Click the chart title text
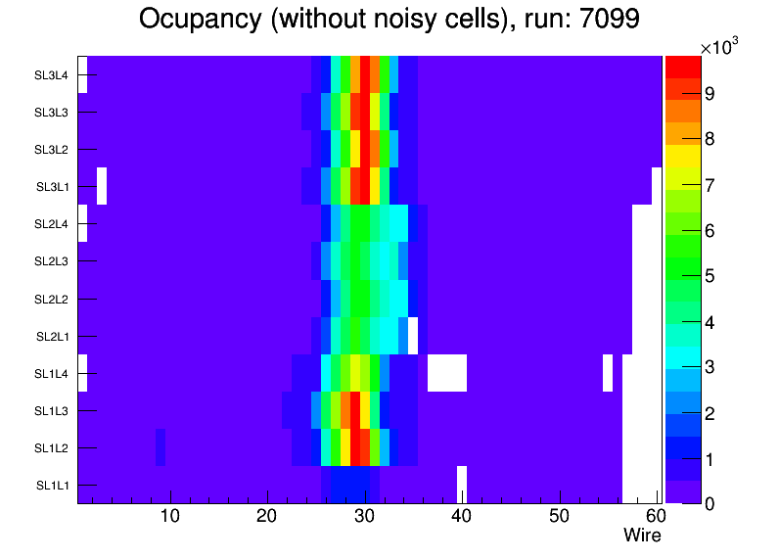(x=389, y=19)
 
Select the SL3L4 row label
(x=51, y=75)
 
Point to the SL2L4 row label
(x=51, y=224)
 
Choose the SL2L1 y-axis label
(x=51, y=337)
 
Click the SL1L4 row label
(x=51, y=374)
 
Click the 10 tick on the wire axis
(x=170, y=516)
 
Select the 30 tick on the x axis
(x=365, y=516)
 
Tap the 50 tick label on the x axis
(x=559, y=516)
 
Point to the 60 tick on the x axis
(x=654, y=516)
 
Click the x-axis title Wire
(x=642, y=536)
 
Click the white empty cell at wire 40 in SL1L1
(x=462, y=484)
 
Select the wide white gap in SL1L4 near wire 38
(x=446, y=373)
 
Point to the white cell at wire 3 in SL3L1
(x=102, y=186)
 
